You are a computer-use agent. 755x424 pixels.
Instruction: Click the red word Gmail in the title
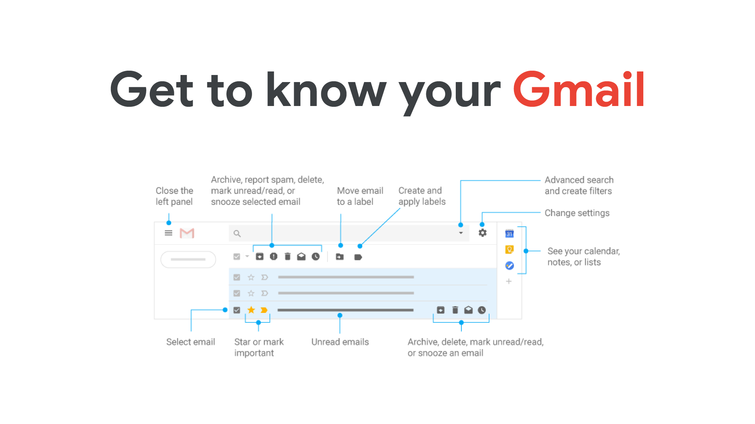click(x=578, y=89)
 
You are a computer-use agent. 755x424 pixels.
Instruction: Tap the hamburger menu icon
click(x=169, y=233)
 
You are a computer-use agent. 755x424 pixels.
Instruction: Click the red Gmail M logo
click(x=187, y=233)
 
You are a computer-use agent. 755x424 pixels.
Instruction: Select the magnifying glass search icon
click(x=237, y=234)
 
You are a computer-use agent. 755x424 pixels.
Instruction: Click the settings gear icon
click(x=482, y=233)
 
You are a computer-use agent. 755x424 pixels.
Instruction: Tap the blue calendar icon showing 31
click(x=509, y=234)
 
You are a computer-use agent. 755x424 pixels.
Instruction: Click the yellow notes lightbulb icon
click(x=509, y=250)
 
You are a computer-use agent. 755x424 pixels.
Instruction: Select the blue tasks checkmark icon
click(x=510, y=266)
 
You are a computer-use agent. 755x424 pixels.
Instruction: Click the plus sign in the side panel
click(x=509, y=281)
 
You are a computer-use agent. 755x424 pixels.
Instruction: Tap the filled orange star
click(x=251, y=310)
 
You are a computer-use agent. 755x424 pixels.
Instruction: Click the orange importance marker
click(x=264, y=310)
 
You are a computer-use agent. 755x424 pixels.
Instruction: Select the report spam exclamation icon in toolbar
click(x=274, y=256)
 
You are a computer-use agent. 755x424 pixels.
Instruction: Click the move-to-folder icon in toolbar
click(x=340, y=257)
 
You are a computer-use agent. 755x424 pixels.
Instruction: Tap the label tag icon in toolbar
click(x=358, y=257)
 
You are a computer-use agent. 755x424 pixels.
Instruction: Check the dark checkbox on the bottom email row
click(x=237, y=310)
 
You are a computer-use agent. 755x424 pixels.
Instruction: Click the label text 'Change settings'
click(x=577, y=213)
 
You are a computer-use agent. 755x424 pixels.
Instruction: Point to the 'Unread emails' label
click(x=340, y=342)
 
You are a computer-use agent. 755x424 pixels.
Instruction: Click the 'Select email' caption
click(x=191, y=342)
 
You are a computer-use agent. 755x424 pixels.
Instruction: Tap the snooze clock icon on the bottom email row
click(x=482, y=310)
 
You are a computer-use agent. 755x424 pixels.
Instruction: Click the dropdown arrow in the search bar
click(x=461, y=233)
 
